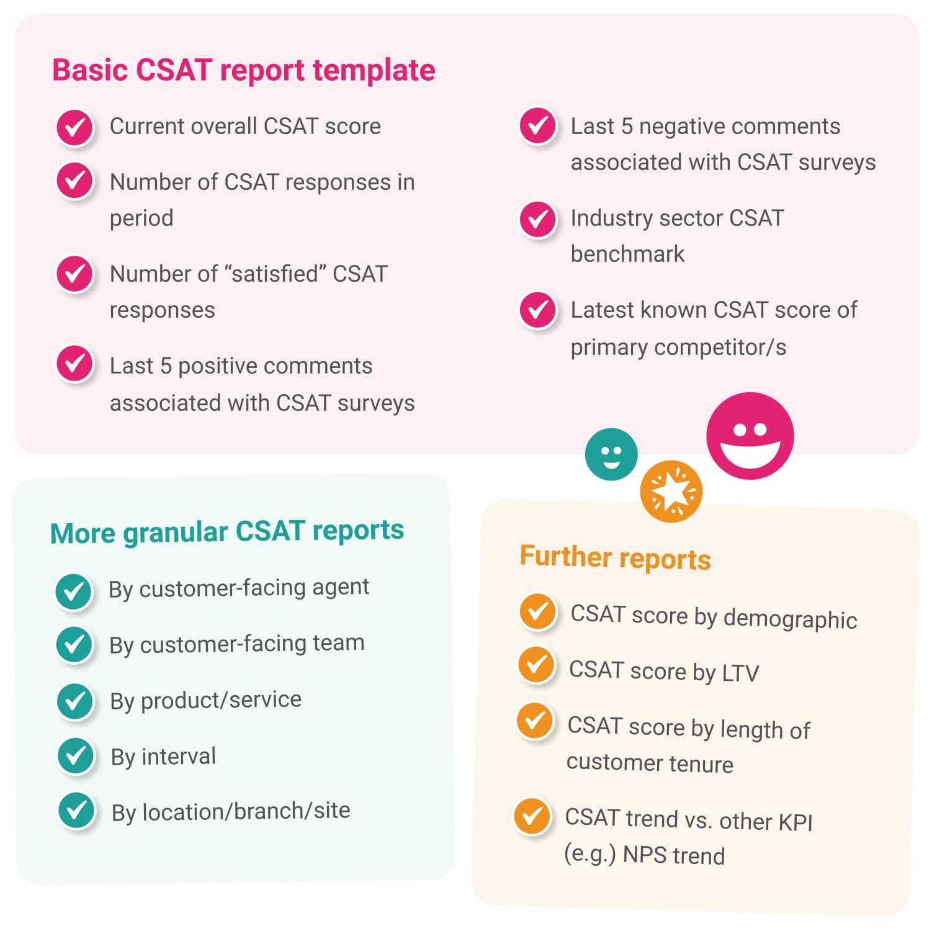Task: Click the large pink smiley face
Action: click(x=750, y=436)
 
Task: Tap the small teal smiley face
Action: click(x=611, y=454)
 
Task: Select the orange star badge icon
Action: click(x=671, y=492)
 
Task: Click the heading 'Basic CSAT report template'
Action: click(x=243, y=70)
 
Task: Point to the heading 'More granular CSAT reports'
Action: click(x=227, y=532)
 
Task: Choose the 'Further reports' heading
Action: click(x=615, y=557)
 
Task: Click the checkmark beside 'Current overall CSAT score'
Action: click(x=75, y=128)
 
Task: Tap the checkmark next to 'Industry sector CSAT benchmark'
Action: click(x=537, y=219)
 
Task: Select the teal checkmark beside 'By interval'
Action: click(x=76, y=756)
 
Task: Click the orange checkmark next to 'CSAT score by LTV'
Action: click(x=536, y=665)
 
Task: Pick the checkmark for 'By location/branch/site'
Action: click(x=76, y=811)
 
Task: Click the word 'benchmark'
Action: click(x=627, y=254)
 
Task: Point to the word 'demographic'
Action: click(x=790, y=619)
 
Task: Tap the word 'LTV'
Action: click(x=741, y=673)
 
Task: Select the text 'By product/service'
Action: click(x=206, y=700)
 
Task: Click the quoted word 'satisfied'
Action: click(x=276, y=274)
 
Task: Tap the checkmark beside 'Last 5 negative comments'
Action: click(x=537, y=126)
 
